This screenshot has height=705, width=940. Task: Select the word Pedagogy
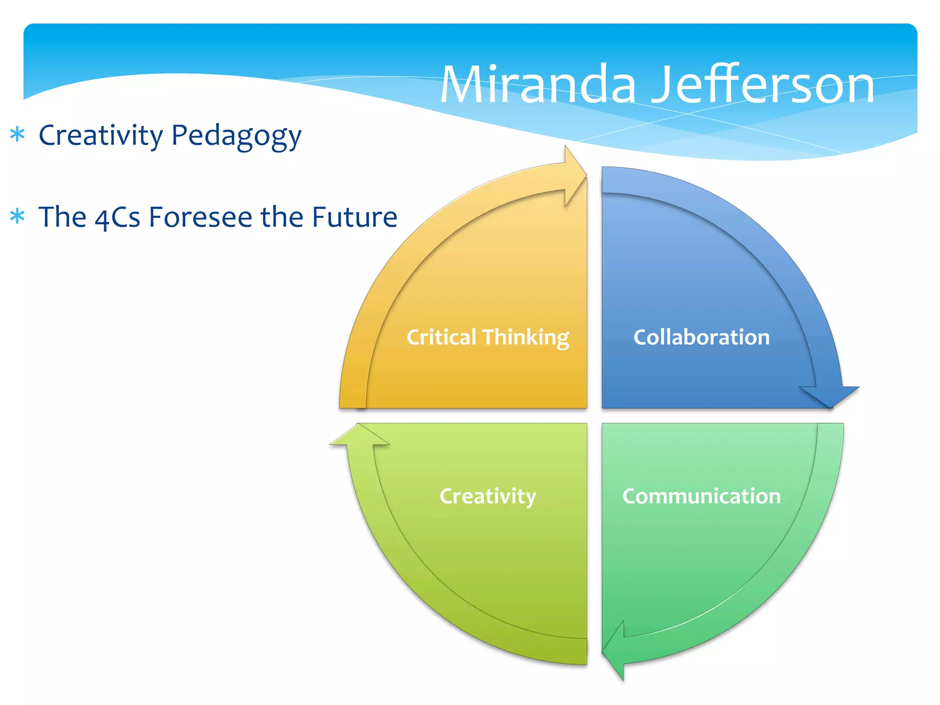point(236,137)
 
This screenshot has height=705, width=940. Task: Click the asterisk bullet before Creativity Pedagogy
point(17,135)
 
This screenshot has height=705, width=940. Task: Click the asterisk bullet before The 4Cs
point(17,216)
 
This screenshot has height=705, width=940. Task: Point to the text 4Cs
point(117,218)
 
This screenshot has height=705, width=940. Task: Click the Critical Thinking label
point(487,337)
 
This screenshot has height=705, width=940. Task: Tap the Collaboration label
point(701,337)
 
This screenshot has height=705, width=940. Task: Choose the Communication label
point(701,496)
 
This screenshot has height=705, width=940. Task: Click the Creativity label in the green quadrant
point(487,496)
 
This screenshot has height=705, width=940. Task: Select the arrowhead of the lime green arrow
point(359,436)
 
